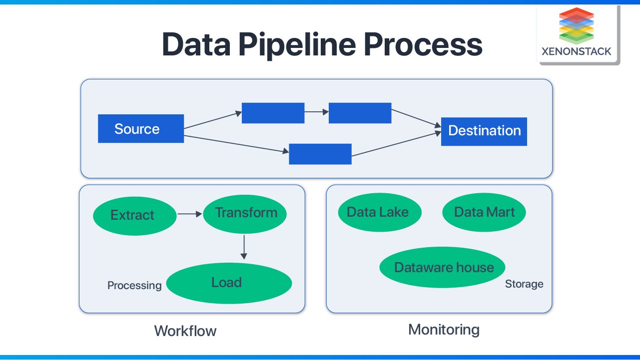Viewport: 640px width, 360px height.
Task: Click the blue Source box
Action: click(141, 129)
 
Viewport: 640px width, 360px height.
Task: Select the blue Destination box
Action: click(484, 131)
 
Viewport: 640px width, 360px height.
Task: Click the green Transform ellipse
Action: click(245, 213)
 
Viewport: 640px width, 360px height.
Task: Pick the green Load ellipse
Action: click(229, 283)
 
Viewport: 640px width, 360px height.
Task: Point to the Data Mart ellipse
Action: click(484, 212)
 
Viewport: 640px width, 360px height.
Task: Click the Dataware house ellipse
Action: click(443, 268)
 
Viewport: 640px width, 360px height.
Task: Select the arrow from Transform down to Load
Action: click(244, 247)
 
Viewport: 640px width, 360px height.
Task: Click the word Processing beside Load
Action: click(134, 286)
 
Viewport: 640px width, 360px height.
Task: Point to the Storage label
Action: click(524, 284)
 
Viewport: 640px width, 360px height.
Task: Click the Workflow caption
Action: click(185, 331)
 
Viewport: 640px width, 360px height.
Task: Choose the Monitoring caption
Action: click(444, 330)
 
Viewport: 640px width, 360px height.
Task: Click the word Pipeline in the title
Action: click(297, 45)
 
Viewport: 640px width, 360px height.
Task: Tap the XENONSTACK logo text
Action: click(576, 51)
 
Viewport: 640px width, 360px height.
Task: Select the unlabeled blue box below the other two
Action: click(320, 154)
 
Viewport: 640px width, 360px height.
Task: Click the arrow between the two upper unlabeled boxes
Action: click(316, 112)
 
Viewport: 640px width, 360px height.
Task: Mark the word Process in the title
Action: click(423, 45)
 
